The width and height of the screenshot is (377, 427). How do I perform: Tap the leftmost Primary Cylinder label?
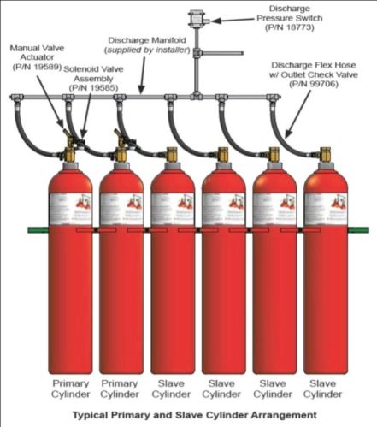click(x=71, y=390)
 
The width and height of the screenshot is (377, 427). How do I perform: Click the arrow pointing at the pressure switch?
click(x=224, y=18)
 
